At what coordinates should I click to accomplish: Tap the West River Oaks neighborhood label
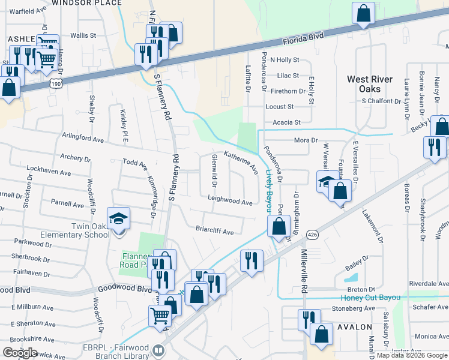point(370,84)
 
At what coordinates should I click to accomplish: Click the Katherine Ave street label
point(241,160)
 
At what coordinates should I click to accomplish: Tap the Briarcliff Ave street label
point(214,229)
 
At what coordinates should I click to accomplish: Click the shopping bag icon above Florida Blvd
point(364,13)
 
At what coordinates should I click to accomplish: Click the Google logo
point(20,352)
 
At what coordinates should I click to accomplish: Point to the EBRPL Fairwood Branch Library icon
point(158,349)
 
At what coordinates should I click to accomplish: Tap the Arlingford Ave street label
point(83,138)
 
